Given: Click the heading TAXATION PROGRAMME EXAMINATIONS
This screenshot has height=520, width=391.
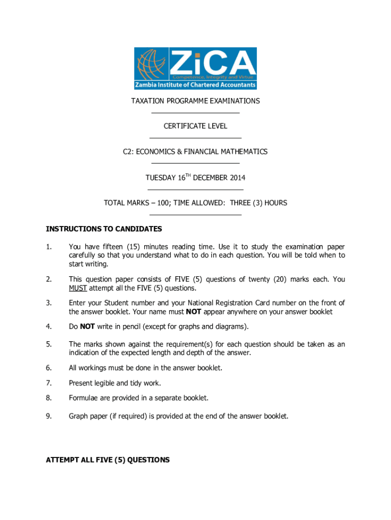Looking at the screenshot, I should [x=195, y=101].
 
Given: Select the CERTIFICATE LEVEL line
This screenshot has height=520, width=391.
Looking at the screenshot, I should [x=195, y=126].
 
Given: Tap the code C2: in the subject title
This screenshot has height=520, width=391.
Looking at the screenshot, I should [x=129, y=152].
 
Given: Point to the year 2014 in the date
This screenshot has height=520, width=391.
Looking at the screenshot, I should [x=238, y=178].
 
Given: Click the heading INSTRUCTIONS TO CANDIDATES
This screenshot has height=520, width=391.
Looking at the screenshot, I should [x=104, y=229].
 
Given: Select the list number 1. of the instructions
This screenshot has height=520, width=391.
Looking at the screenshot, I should [x=48, y=247].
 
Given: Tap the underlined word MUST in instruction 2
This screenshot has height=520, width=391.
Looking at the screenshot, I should [x=78, y=288].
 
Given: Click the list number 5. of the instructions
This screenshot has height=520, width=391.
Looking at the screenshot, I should [x=48, y=344].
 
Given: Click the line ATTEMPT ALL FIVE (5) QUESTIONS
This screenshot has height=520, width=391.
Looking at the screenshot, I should [x=108, y=460].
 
